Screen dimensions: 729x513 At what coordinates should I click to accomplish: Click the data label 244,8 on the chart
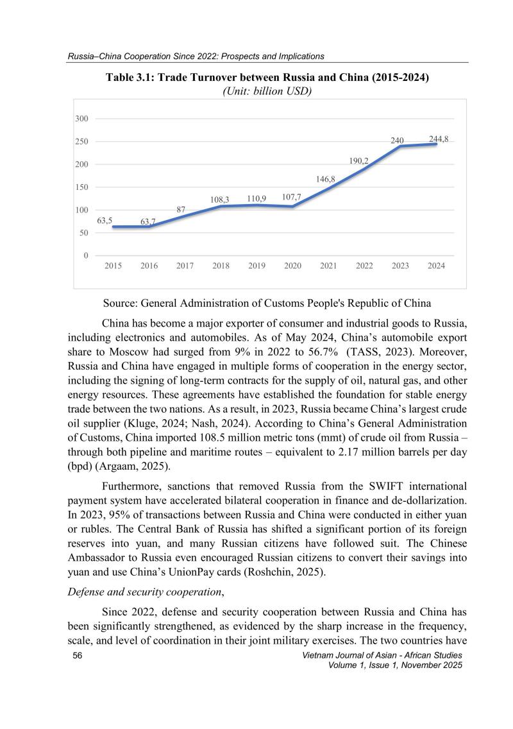click(x=438, y=139)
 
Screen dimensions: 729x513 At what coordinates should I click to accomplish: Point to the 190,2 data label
click(x=358, y=161)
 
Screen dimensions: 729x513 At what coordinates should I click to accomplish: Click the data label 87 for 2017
click(x=181, y=210)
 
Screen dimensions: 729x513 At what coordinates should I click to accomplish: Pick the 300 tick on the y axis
click(x=81, y=119)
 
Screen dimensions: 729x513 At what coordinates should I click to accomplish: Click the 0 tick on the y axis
click(x=85, y=255)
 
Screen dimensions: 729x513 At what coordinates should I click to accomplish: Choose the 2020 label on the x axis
click(x=292, y=266)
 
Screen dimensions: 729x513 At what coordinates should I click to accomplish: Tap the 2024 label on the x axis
click(x=436, y=266)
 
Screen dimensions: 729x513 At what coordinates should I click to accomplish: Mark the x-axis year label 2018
click(x=220, y=266)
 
